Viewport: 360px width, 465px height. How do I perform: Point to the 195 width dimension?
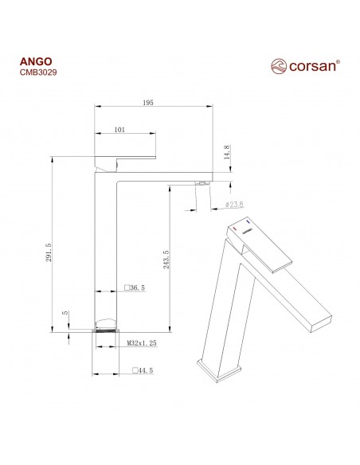(x=147, y=102)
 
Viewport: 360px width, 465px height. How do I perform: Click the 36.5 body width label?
(x=136, y=287)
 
